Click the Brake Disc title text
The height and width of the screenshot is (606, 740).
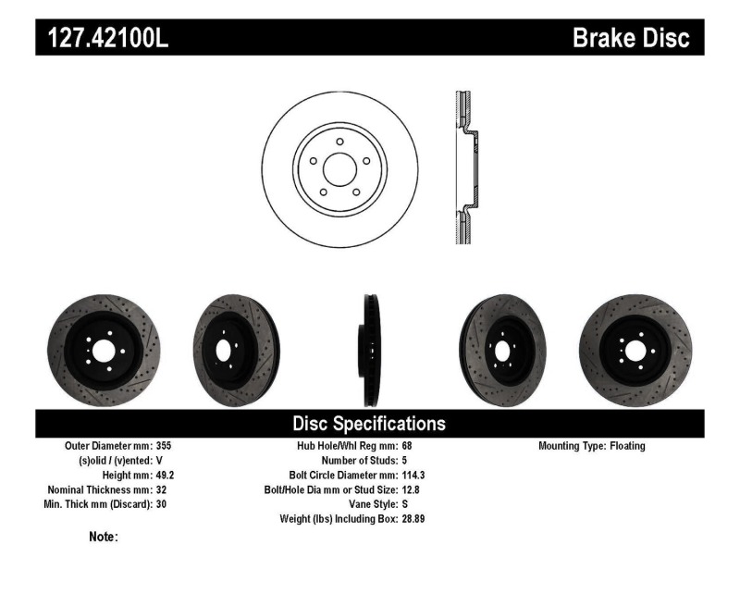631,38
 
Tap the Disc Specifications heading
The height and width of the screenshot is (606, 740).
369,424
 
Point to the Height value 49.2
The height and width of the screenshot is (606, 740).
161,475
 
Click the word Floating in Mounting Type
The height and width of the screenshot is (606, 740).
627,446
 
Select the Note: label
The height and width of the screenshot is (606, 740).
103,537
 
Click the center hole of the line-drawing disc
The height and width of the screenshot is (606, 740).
339,168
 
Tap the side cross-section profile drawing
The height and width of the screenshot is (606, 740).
466,168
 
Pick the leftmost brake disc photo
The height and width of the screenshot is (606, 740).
102,351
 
